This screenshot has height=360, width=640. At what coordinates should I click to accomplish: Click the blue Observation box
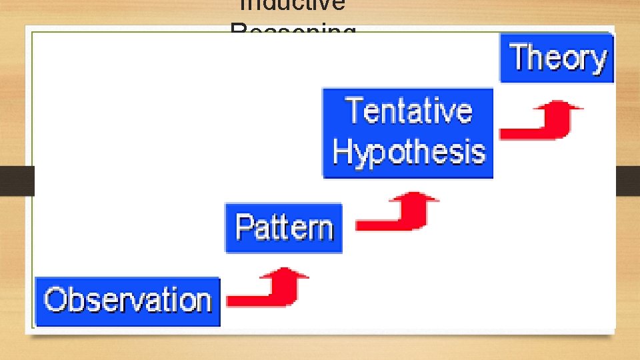(127, 301)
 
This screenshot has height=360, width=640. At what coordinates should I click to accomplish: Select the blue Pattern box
(283, 228)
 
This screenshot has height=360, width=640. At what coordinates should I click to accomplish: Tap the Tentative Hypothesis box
(408, 133)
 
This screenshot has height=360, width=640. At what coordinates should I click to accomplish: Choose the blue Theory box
(557, 58)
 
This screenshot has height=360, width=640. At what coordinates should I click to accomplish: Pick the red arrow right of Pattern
(397, 213)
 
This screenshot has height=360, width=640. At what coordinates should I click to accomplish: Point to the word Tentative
(408, 111)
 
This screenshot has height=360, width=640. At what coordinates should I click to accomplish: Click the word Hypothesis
(408, 152)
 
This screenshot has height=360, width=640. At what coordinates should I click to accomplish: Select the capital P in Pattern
(245, 227)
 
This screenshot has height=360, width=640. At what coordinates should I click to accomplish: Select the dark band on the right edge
(627, 181)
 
